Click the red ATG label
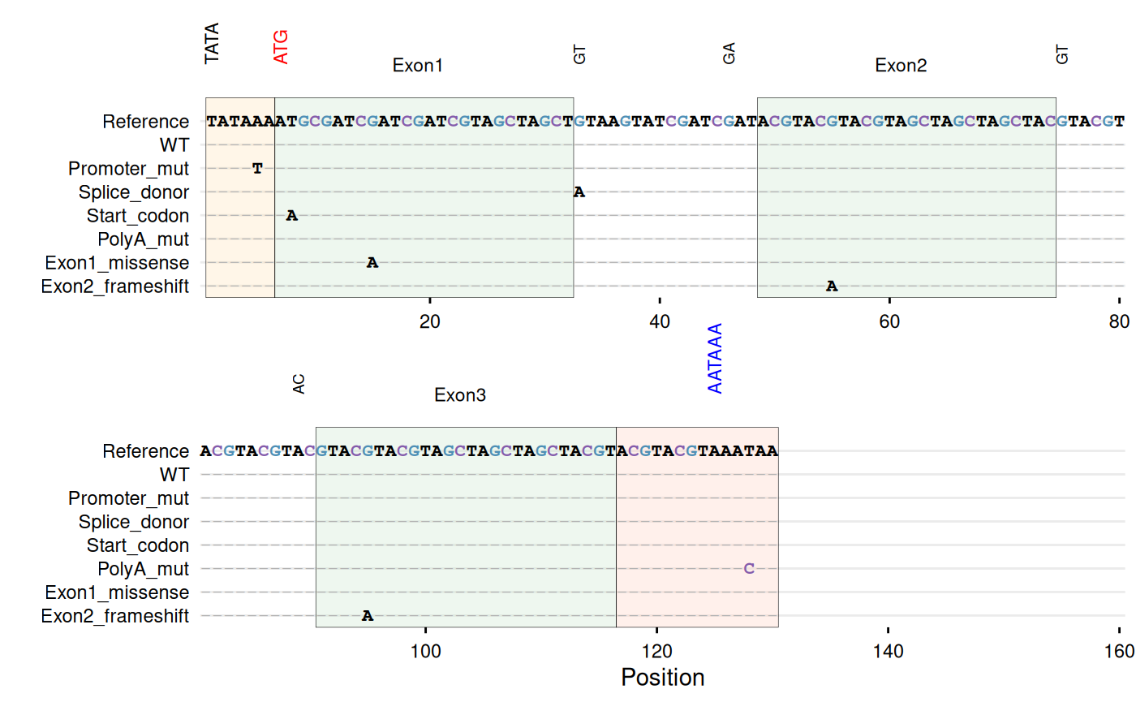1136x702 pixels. [281, 47]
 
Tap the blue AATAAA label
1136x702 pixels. [715, 359]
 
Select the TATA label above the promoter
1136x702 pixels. [212, 44]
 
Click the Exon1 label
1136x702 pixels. [417, 66]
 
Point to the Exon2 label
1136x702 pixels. [901, 66]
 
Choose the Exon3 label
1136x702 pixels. [460, 395]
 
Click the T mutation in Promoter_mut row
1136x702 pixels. [257, 169]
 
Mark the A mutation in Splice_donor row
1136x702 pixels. [579, 192]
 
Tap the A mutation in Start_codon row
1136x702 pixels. [292, 216]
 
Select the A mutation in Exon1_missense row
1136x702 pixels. [372, 263]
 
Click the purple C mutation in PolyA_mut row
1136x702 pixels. [749, 569]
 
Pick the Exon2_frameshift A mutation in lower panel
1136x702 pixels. [368, 616]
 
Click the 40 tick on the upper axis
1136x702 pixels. [660, 321]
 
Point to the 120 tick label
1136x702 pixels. [656, 651]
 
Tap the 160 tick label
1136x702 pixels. [1119, 651]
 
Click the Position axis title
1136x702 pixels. [662, 678]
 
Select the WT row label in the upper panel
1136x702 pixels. [174, 145]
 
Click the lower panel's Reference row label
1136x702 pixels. [145, 451]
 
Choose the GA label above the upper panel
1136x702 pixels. [729, 55]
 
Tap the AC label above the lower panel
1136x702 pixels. [299, 384]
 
